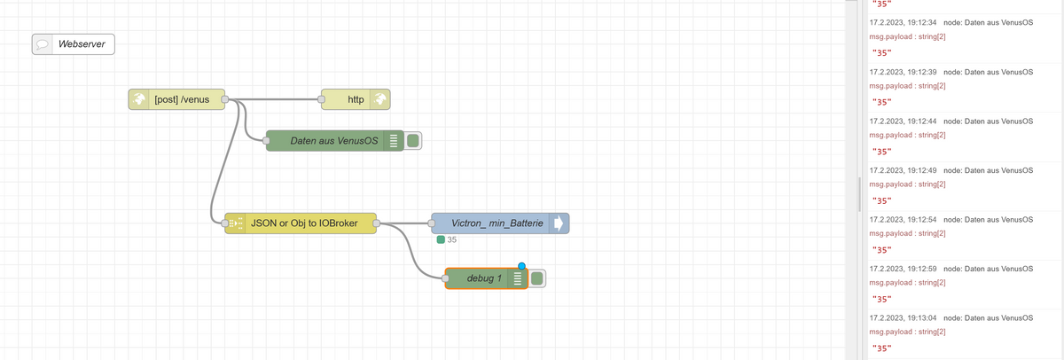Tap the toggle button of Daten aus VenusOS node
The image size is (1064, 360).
pos(412,141)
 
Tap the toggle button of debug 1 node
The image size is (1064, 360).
pos(536,278)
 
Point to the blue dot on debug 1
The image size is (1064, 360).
pos(521,266)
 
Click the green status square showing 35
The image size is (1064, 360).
pos(441,239)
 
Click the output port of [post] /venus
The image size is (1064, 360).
pos(225,99)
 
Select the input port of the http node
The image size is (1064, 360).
pos(322,99)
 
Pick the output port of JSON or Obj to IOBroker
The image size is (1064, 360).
pos(377,224)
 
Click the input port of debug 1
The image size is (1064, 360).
pos(445,278)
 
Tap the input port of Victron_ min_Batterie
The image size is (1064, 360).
pos(432,224)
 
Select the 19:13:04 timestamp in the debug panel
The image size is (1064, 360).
pos(901,317)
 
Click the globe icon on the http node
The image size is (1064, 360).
pos(379,99)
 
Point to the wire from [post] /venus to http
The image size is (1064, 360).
pos(275,99)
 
